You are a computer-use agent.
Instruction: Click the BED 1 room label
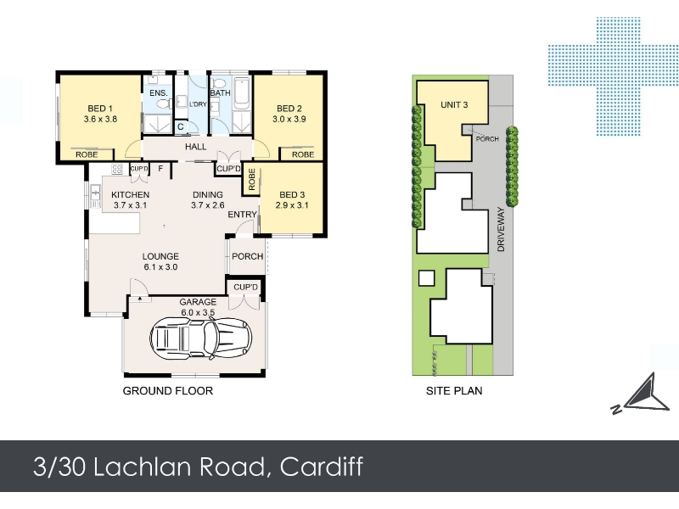100,109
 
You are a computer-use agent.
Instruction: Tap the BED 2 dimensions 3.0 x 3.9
289,119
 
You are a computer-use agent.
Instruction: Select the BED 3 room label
292,195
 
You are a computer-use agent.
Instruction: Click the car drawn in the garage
201,338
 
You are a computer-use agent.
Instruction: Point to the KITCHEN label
131,195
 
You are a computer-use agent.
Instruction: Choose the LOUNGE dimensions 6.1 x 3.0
160,267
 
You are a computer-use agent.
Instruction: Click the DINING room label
208,195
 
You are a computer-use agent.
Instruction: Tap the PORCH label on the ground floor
248,256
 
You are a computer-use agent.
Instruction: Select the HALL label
196,147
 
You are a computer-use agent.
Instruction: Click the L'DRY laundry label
198,104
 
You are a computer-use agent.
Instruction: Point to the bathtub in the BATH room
241,93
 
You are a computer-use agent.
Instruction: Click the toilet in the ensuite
162,104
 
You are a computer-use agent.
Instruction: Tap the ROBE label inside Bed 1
87,154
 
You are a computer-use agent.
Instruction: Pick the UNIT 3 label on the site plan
454,104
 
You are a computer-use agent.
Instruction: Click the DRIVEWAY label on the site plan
501,229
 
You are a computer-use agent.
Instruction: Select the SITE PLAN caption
454,391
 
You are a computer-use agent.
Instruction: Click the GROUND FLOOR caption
168,391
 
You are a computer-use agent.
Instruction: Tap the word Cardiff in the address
322,467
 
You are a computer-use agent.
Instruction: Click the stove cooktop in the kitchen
117,169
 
